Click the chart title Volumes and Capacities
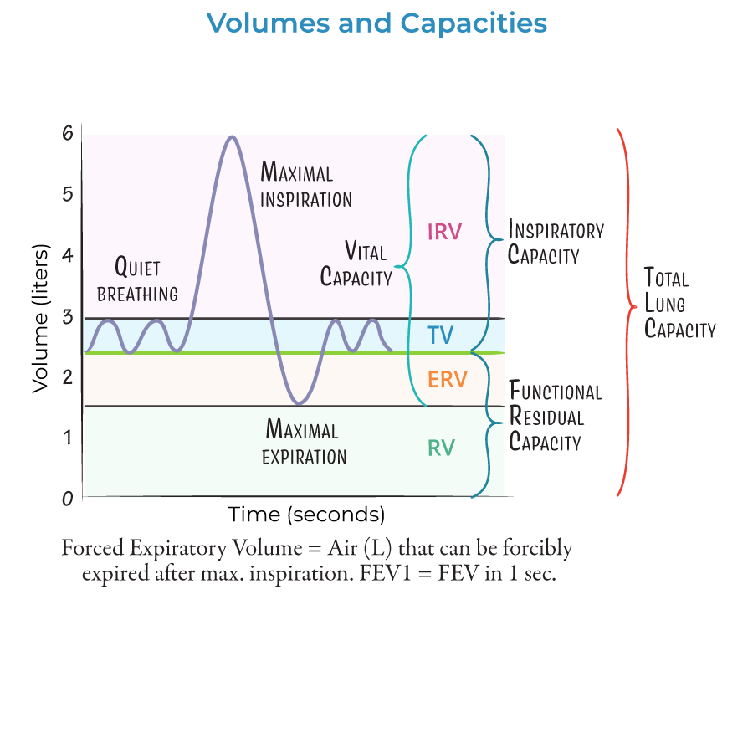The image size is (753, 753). click(x=376, y=23)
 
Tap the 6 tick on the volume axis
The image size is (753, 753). click(x=67, y=133)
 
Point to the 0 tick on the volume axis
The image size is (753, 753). click(x=67, y=498)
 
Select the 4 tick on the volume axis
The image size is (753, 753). click(x=67, y=255)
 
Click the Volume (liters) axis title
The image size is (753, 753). click(x=40, y=319)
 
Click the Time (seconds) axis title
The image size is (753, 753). click(x=307, y=514)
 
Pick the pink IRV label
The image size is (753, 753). click(x=444, y=232)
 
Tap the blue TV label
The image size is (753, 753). click(x=440, y=336)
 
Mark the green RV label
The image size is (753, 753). click(x=441, y=448)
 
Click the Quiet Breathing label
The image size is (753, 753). click(x=137, y=280)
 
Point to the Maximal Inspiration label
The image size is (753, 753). click(x=305, y=186)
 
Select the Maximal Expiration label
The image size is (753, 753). click(x=304, y=443)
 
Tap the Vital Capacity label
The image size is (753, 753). click(x=356, y=264)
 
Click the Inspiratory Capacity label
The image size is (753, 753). click(x=556, y=242)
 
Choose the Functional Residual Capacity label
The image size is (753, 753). click(x=556, y=416)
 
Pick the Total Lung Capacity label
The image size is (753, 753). click(x=679, y=302)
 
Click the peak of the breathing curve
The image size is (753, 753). click(x=232, y=136)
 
